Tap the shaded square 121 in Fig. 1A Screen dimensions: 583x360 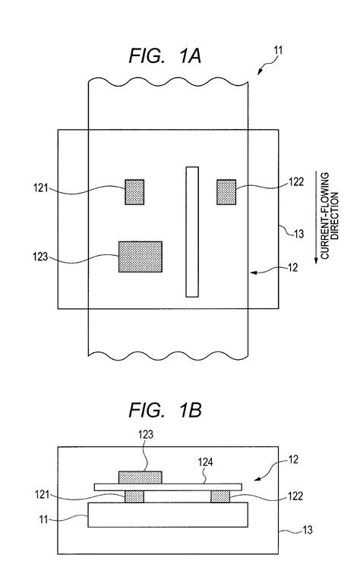click(x=135, y=191)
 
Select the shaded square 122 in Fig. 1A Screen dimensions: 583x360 click(x=226, y=191)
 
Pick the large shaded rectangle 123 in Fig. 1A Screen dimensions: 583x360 click(x=141, y=257)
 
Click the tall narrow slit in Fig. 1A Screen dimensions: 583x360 click(x=192, y=232)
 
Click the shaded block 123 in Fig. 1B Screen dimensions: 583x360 click(x=141, y=477)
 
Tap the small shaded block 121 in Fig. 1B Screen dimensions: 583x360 click(x=134, y=496)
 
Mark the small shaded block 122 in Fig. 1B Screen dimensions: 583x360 click(x=220, y=496)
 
